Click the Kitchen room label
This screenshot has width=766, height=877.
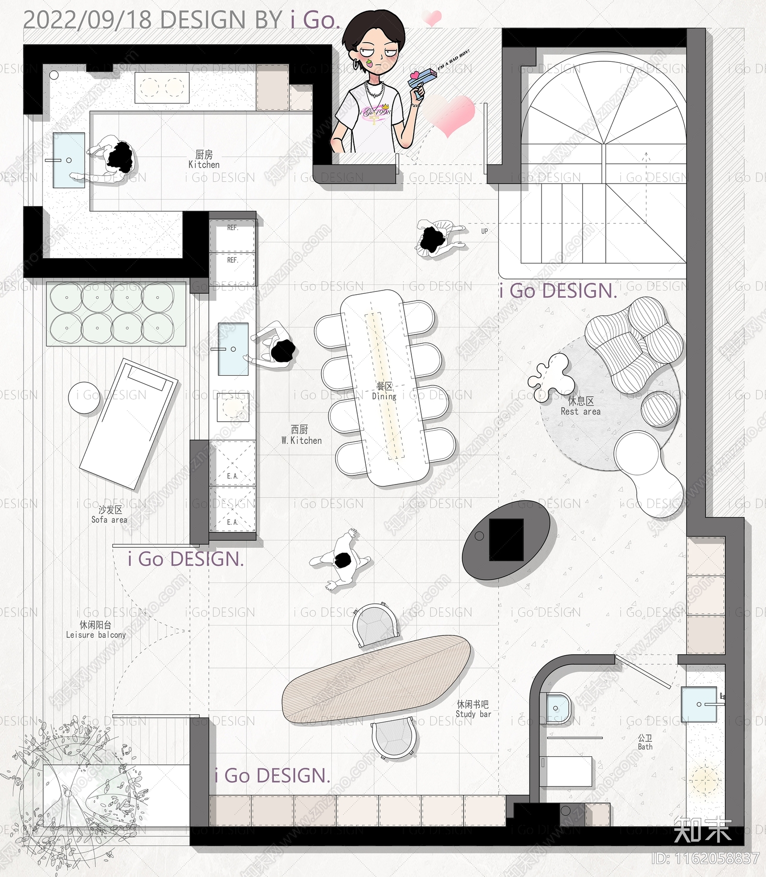(204, 160)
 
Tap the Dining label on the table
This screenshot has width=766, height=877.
(384, 392)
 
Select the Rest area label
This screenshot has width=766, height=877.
(580, 406)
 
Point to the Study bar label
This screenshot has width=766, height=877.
(473, 709)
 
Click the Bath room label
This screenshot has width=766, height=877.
(645, 742)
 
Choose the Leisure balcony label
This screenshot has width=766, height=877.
(96, 630)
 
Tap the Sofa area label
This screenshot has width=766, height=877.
(110, 515)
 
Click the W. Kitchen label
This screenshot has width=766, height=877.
(301, 435)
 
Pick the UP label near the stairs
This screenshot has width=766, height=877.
(484, 231)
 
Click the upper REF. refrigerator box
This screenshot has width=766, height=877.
(233, 235)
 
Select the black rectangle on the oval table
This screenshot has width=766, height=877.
(506, 539)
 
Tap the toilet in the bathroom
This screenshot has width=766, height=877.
(558, 708)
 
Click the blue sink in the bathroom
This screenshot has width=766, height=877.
(699, 704)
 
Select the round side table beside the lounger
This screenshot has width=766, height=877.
(85, 397)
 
